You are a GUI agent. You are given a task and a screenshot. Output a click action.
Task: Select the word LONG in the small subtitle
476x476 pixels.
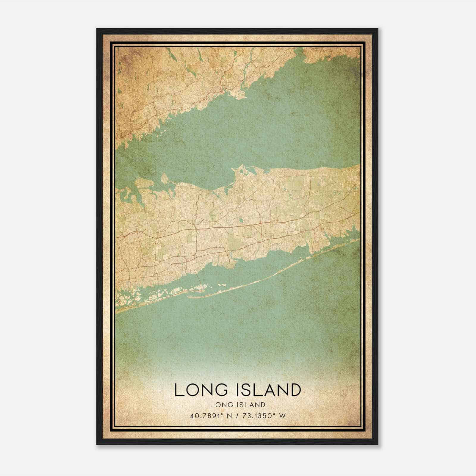(x=220, y=405)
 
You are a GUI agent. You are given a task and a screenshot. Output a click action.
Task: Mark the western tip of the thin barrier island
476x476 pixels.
(x=188, y=297)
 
